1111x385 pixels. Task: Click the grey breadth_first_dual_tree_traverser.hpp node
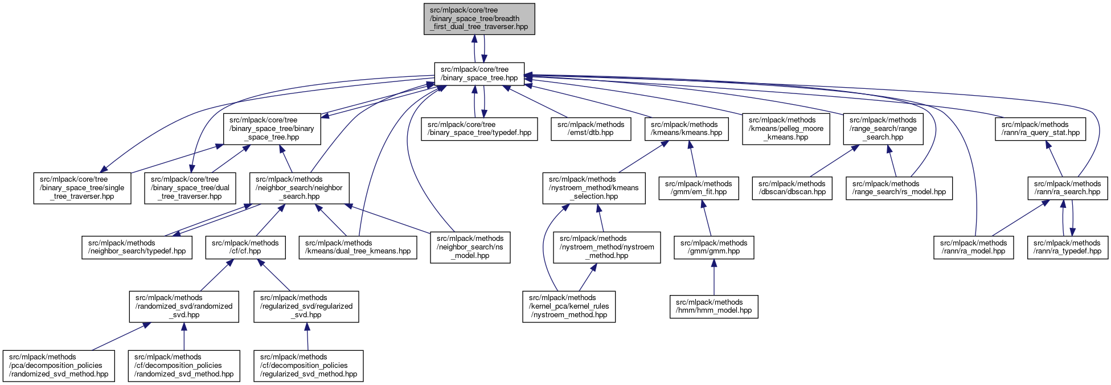[x=479, y=19]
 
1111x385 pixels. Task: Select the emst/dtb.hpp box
[x=591, y=129]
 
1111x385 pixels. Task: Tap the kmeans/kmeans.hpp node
[x=686, y=129]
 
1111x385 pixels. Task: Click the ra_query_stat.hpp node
[x=1040, y=129]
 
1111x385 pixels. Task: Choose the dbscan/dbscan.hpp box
[x=792, y=188]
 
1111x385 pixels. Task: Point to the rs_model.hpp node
[x=899, y=188]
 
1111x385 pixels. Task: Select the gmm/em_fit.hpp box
[x=698, y=188]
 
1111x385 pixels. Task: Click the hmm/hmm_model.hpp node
[x=714, y=306]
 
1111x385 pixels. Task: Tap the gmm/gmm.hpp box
[x=714, y=247]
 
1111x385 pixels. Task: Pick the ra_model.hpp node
[x=973, y=247]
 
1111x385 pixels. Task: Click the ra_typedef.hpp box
[x=1067, y=247]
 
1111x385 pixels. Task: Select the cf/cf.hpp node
[x=245, y=247]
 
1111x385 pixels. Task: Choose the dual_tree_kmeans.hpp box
[x=358, y=247]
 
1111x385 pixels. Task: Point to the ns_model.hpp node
[x=470, y=247]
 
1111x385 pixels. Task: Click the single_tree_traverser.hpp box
[x=82, y=188]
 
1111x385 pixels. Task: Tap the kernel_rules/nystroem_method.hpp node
[x=569, y=306]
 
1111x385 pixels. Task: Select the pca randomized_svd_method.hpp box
[x=59, y=366]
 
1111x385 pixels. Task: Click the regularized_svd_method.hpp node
[x=308, y=366]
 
